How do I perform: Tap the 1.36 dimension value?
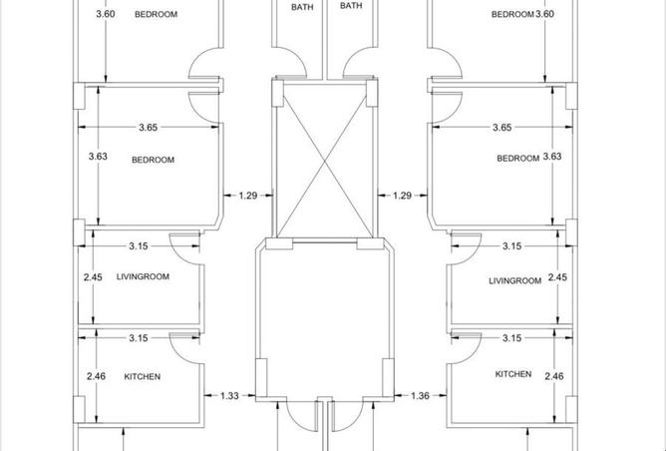(420, 396)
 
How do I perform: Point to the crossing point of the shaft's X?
(326, 162)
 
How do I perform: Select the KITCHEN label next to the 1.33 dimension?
(142, 377)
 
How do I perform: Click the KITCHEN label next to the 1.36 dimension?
(513, 374)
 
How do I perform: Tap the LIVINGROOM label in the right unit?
(514, 281)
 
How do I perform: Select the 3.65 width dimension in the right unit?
(501, 128)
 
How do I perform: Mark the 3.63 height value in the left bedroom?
(98, 157)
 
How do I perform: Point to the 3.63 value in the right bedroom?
(555, 157)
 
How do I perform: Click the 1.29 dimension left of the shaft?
(249, 196)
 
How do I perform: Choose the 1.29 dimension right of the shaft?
(403, 196)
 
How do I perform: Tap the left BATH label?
(301, 6)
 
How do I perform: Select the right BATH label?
(351, 6)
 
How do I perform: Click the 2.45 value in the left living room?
(94, 277)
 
